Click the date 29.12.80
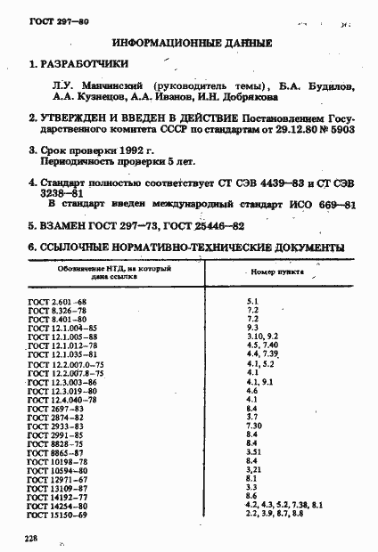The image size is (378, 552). coord(304,128)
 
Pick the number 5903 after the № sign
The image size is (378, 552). coord(341,128)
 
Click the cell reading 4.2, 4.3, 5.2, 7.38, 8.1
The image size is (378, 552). coord(283,507)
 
